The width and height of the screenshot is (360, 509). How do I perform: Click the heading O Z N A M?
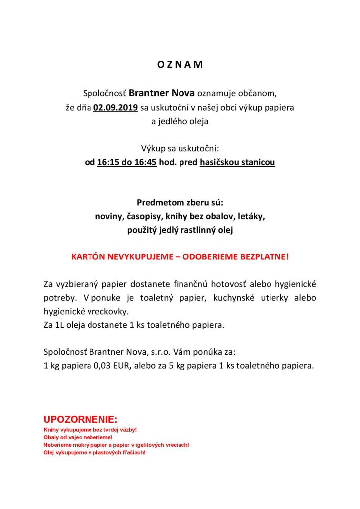coord(180,65)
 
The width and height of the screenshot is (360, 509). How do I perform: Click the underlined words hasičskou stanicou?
coord(237,162)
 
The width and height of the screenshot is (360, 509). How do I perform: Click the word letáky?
coord(250,217)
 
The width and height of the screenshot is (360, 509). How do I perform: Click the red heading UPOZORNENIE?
coord(81,419)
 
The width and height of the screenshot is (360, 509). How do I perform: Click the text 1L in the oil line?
coord(60,325)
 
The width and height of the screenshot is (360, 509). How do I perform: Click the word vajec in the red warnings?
coord(75,437)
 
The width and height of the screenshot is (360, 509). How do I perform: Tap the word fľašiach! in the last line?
coord(132,453)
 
